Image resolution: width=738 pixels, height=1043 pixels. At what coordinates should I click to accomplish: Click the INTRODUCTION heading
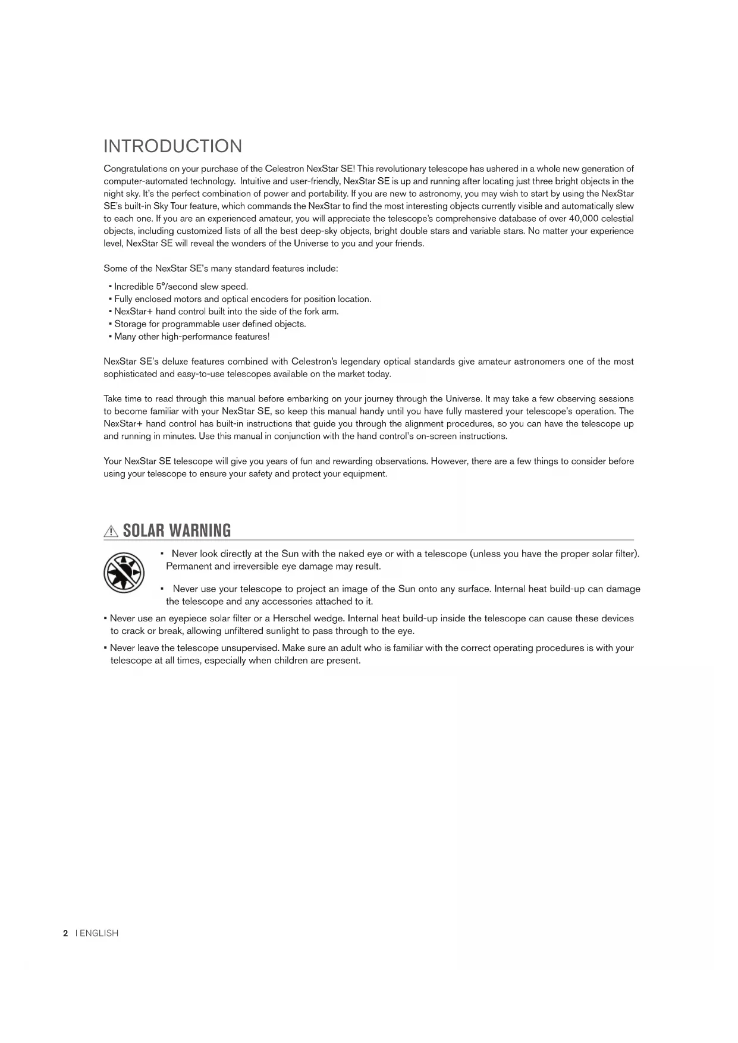click(x=172, y=146)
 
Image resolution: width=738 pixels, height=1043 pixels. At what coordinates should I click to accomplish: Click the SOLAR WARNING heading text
click(x=177, y=530)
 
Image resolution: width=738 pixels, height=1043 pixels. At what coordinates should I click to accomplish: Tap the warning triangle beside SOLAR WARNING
click(x=111, y=531)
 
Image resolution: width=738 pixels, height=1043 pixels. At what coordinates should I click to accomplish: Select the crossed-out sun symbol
click(x=124, y=573)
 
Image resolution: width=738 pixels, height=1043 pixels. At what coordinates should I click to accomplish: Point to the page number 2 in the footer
click(x=65, y=933)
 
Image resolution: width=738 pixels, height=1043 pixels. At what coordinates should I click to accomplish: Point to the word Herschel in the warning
click(x=291, y=618)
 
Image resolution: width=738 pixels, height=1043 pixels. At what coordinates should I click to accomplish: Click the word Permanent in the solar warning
click(x=189, y=566)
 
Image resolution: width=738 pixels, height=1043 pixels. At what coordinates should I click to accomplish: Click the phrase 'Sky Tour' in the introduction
click(x=171, y=206)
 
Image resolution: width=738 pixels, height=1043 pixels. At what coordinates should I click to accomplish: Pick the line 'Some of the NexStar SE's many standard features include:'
click(x=221, y=268)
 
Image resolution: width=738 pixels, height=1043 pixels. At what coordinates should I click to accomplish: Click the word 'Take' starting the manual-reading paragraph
click(x=113, y=398)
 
